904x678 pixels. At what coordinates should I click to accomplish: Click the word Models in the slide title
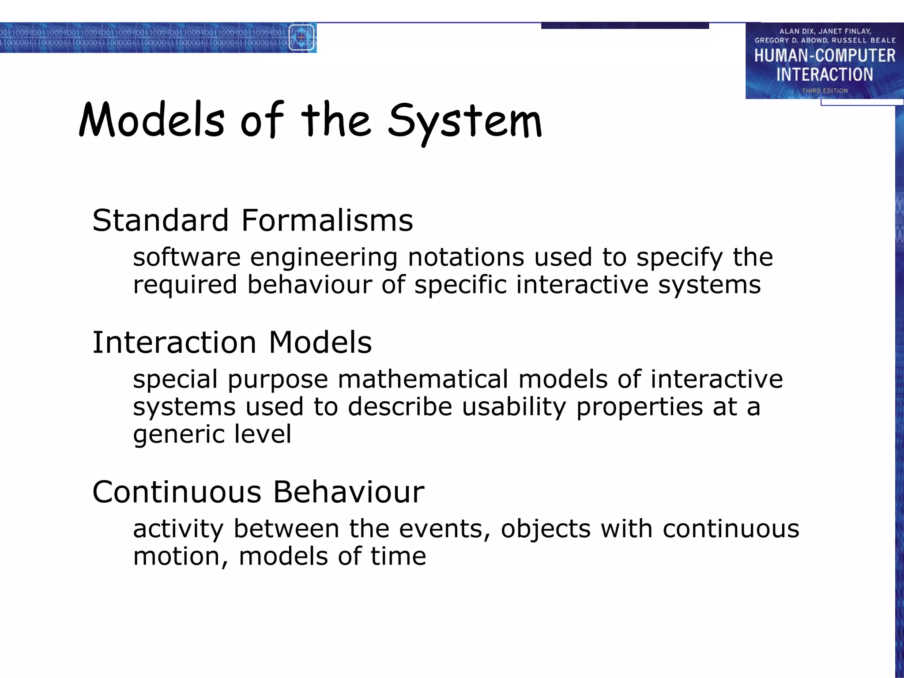pyautogui.click(x=152, y=121)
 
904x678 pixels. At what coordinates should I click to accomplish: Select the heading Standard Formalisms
pyautogui.click(x=252, y=220)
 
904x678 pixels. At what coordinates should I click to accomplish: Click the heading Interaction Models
pyautogui.click(x=232, y=343)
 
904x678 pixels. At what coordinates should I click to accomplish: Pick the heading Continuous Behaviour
pyautogui.click(x=258, y=492)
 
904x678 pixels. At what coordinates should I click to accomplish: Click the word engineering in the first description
pyautogui.click(x=324, y=258)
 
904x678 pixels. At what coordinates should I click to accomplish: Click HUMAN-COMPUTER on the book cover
pyautogui.click(x=825, y=56)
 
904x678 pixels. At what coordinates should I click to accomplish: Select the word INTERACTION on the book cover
pyautogui.click(x=825, y=75)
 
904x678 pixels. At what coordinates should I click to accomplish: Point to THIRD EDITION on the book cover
pyautogui.click(x=825, y=90)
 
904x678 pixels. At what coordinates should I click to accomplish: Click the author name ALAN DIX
pyautogui.click(x=795, y=31)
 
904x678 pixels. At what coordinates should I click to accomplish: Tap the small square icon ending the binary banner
pyautogui.click(x=301, y=38)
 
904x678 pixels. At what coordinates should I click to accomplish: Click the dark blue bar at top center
pyautogui.click(x=625, y=26)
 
